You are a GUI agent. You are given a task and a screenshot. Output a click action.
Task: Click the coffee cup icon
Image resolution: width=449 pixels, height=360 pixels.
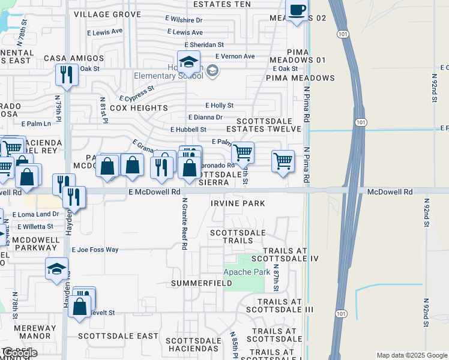pyautogui.click(x=297, y=10)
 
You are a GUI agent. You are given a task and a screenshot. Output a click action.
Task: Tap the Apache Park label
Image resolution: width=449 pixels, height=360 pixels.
pyautogui.click(x=247, y=271)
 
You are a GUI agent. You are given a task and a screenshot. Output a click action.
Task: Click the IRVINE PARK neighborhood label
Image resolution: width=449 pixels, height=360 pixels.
pyautogui.click(x=238, y=203)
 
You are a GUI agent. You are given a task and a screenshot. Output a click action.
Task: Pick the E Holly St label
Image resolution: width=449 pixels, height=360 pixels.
pyautogui.click(x=219, y=106)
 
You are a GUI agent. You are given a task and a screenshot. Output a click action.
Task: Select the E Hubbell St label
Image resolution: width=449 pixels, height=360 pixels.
pyautogui.click(x=188, y=129)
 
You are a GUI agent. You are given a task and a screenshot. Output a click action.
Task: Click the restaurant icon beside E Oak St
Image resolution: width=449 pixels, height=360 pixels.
pyautogui.click(x=65, y=74)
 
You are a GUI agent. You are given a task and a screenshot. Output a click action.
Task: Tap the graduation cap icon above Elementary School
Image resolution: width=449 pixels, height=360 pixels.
pyautogui.click(x=188, y=62)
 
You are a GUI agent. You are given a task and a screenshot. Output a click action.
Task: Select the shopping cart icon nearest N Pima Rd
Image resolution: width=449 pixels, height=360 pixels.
pyautogui.click(x=283, y=161)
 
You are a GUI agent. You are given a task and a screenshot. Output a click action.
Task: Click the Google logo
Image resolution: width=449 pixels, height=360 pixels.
pyautogui.click(x=20, y=353)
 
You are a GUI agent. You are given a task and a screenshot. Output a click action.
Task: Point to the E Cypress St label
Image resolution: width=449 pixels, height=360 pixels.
pyautogui.click(x=137, y=92)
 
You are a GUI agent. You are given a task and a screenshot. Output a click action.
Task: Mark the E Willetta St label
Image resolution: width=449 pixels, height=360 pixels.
pyautogui.click(x=35, y=227)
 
